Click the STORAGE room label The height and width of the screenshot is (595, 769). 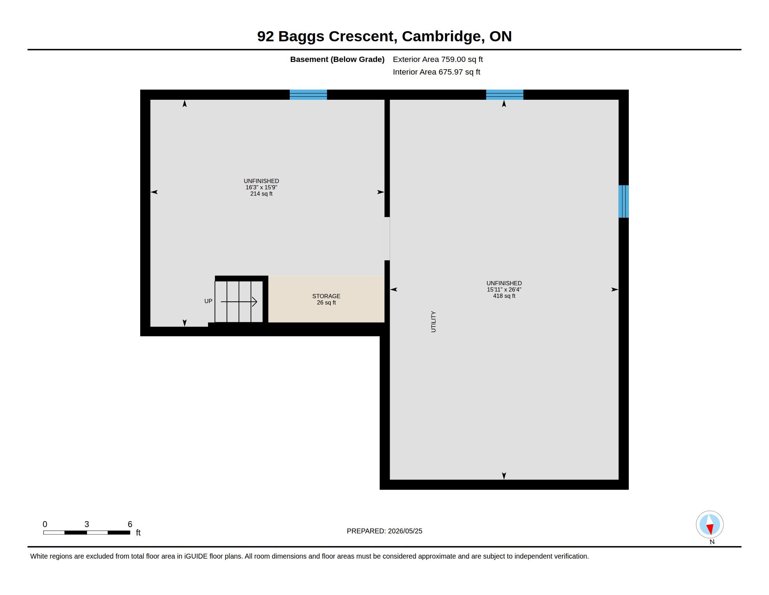(x=326, y=296)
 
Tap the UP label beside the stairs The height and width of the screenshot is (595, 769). (x=208, y=301)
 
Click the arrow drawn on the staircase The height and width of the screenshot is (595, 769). (x=239, y=302)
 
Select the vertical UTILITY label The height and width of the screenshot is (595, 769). (x=433, y=321)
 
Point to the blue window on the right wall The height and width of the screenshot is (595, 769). (x=624, y=201)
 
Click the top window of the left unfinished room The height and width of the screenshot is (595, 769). (x=308, y=95)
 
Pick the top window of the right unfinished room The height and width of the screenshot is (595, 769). (x=504, y=95)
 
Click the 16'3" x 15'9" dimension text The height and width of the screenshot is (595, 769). (x=261, y=188)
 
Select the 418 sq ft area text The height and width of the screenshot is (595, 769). (x=504, y=296)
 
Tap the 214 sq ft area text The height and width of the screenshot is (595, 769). (x=261, y=194)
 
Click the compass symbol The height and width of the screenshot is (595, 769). (x=710, y=525)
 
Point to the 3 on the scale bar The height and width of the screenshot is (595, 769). (x=87, y=524)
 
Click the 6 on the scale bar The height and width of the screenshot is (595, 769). (x=130, y=524)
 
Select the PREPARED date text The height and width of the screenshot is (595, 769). (x=384, y=531)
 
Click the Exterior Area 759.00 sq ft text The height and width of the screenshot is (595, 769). (x=438, y=59)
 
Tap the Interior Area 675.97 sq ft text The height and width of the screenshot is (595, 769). (x=436, y=72)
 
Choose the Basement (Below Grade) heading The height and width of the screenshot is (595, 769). (x=337, y=59)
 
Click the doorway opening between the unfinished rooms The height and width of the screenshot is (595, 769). (x=387, y=239)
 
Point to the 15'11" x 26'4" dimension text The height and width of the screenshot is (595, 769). (x=504, y=290)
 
